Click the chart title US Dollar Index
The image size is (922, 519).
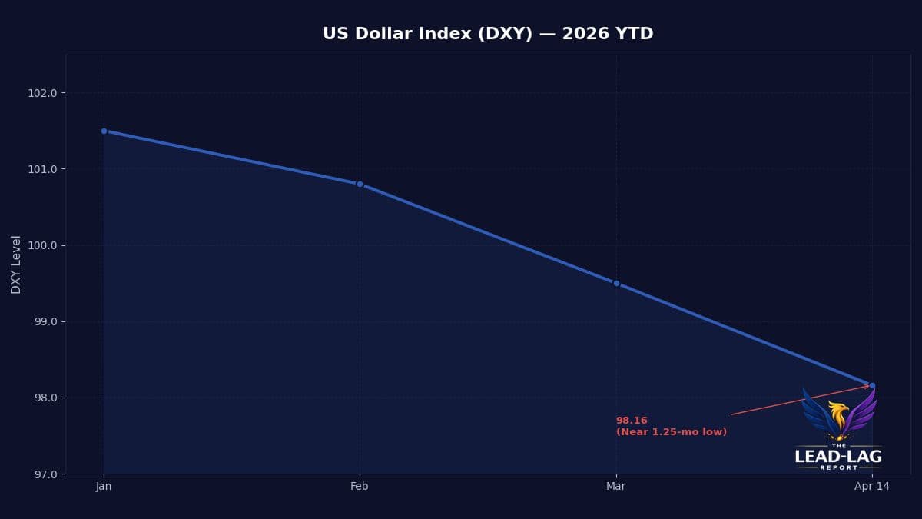pyautogui.click(x=488, y=34)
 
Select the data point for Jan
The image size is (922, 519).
pyautogui.click(x=104, y=131)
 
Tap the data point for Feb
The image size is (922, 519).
pyautogui.click(x=360, y=184)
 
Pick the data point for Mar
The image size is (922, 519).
pyautogui.click(x=616, y=283)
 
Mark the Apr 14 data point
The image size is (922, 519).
pyautogui.click(x=872, y=385)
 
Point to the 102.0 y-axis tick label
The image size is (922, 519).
pyautogui.click(x=42, y=93)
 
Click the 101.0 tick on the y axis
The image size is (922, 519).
pyautogui.click(x=42, y=169)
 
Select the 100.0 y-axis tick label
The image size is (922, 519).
pyautogui.click(x=42, y=245)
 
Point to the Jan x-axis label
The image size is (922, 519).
pyautogui.click(x=104, y=486)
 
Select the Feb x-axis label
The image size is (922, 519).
pyautogui.click(x=360, y=486)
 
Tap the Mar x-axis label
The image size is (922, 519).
pyautogui.click(x=616, y=486)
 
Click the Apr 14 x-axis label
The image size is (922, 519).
pyautogui.click(x=872, y=486)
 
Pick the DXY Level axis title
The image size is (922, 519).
pyautogui.click(x=16, y=264)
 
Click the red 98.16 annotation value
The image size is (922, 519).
pyautogui.click(x=632, y=421)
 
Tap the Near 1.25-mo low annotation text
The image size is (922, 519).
pyautogui.click(x=672, y=432)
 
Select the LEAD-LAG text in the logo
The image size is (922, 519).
pyautogui.click(x=838, y=457)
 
